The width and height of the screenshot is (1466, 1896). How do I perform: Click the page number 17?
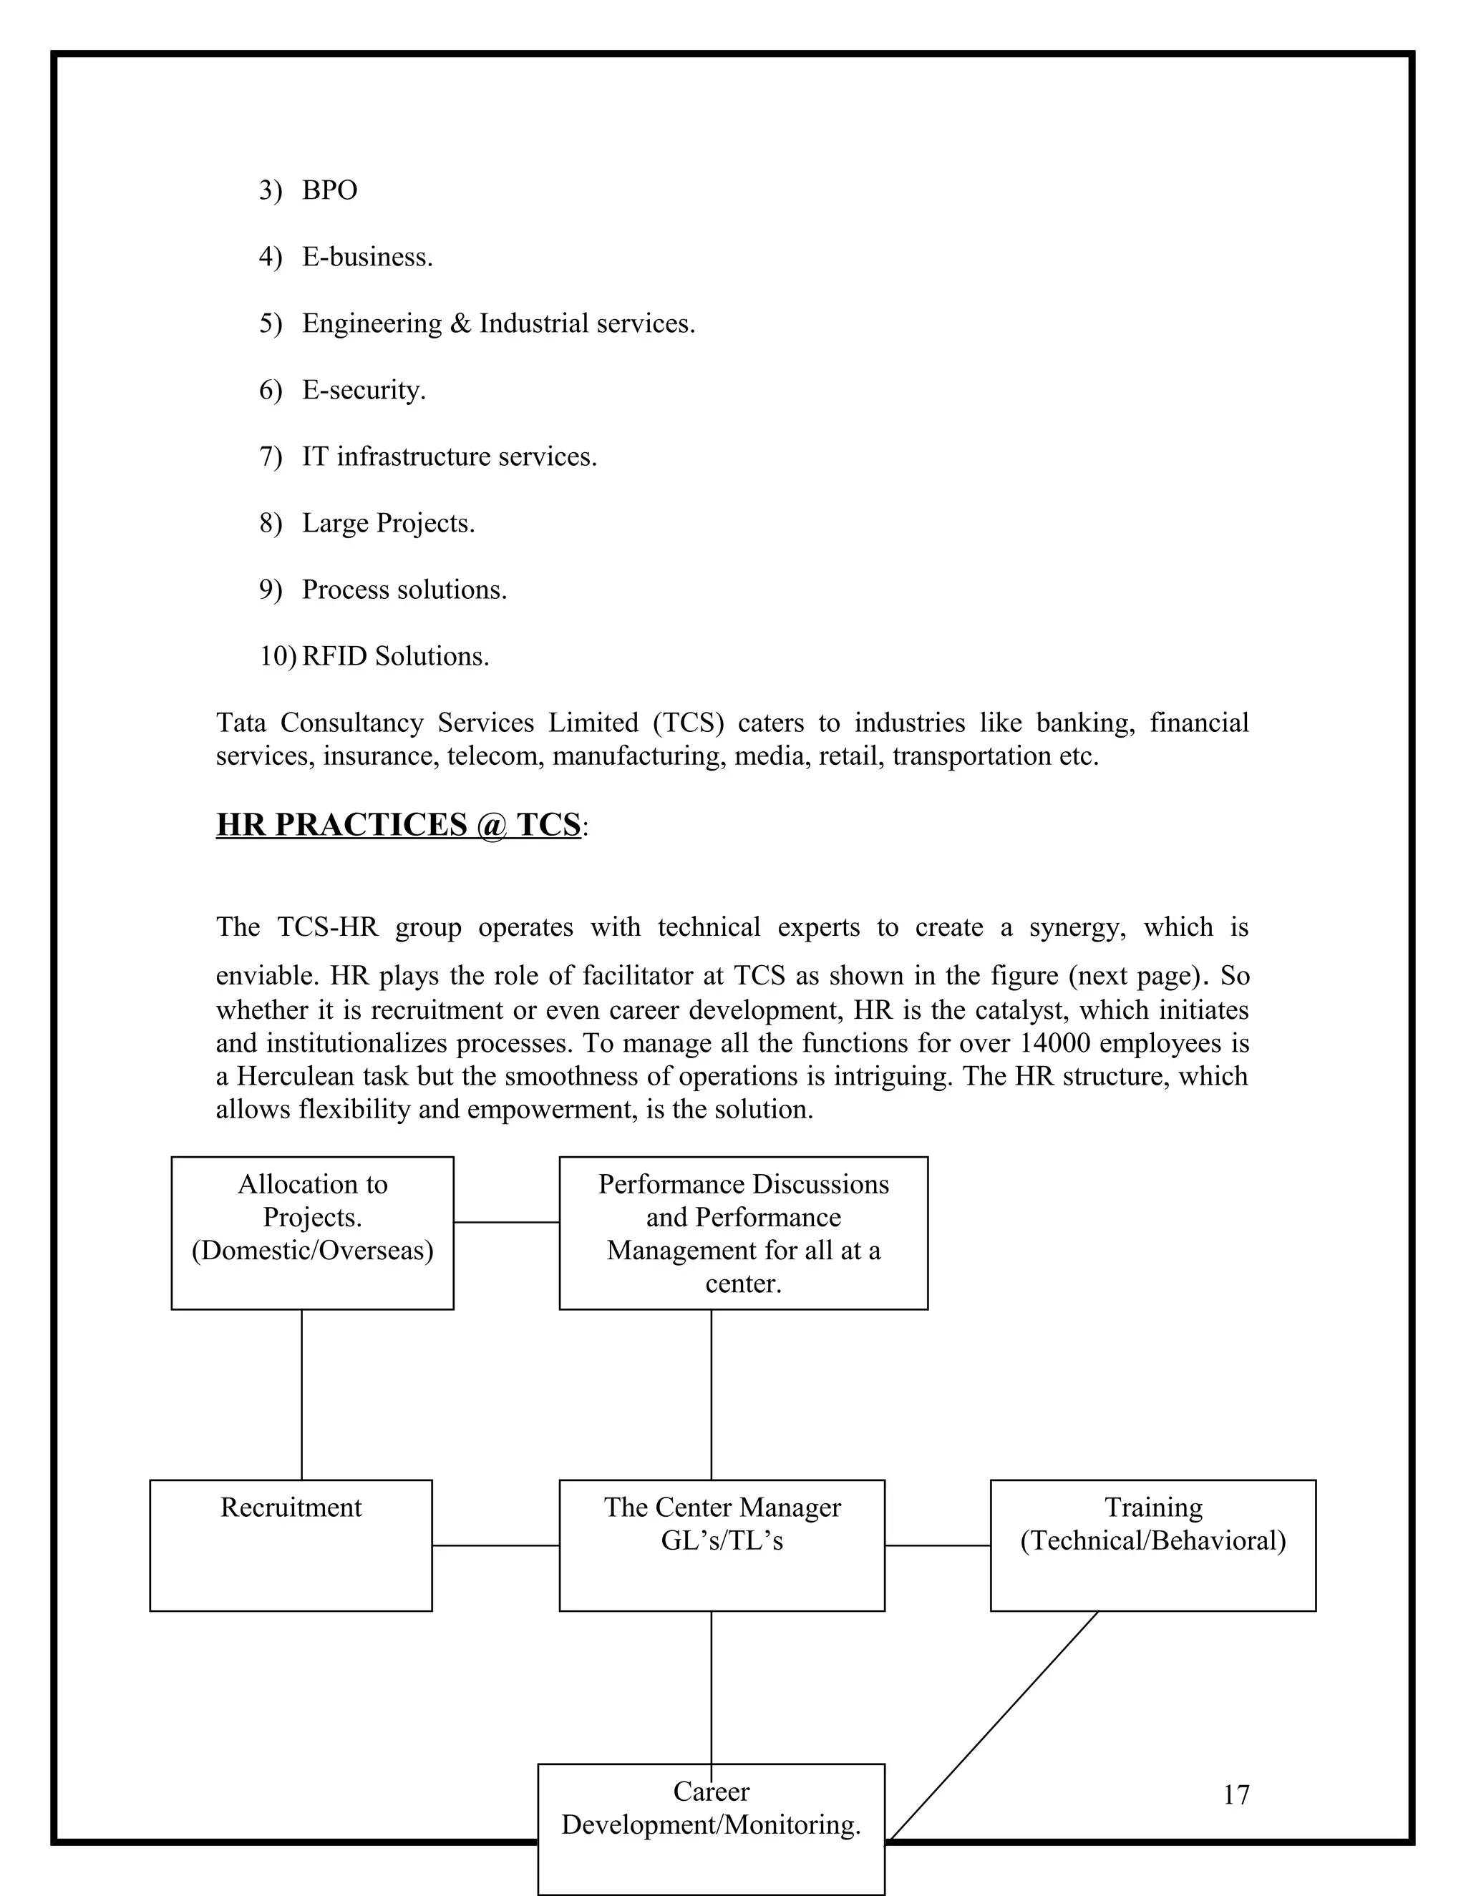[1236, 1794]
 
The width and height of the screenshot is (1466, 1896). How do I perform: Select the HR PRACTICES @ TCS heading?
[399, 825]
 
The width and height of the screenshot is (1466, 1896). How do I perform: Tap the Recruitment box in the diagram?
[291, 1545]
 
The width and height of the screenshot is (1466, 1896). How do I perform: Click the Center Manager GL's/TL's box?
[722, 1545]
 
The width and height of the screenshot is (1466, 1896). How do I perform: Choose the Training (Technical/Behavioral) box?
[1152, 1545]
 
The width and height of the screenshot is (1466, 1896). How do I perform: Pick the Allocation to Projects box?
[312, 1233]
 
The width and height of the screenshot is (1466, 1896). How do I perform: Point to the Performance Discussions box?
[744, 1233]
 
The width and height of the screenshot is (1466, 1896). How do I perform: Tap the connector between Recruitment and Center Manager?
[496, 1545]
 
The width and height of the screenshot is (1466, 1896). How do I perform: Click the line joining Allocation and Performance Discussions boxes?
[506, 1222]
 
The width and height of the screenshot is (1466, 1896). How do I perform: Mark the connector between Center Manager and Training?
[938, 1545]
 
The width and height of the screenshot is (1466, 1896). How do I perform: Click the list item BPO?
[330, 190]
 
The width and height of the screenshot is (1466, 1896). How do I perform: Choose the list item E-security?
[364, 390]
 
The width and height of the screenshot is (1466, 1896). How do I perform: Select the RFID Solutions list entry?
[395, 656]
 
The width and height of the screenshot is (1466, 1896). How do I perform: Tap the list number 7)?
[270, 456]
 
